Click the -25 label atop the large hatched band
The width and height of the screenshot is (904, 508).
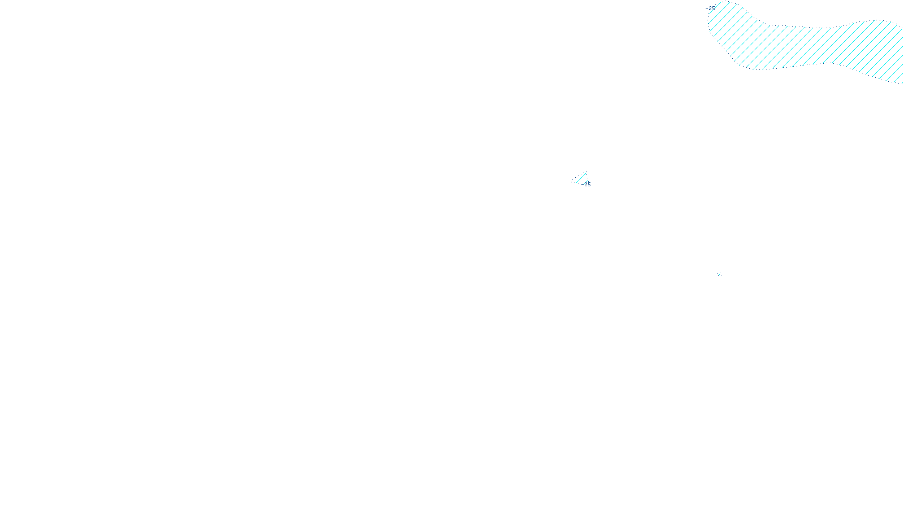pyautogui.click(x=710, y=8)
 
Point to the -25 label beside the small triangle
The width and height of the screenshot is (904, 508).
pyautogui.click(x=587, y=185)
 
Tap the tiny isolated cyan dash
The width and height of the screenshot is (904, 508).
pyautogui.click(x=719, y=275)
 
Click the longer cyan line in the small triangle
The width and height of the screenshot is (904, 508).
pyautogui.click(x=581, y=177)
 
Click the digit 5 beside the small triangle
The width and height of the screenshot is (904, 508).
pyautogui.click(x=589, y=185)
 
